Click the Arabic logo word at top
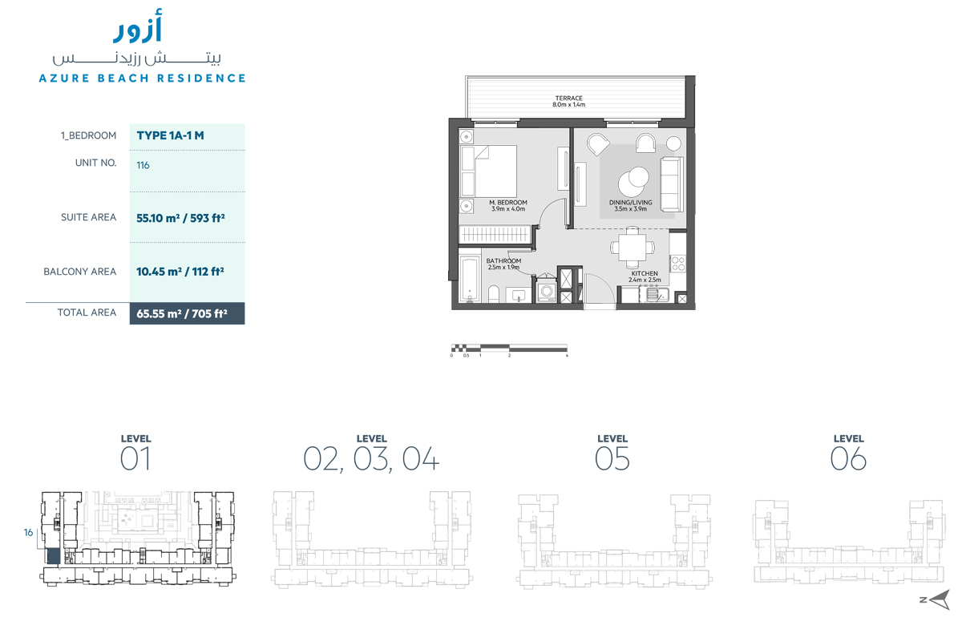pyautogui.click(x=138, y=30)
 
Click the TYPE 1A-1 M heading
pyautogui.click(x=170, y=135)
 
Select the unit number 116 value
pyautogui.click(x=143, y=165)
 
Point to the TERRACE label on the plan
pyautogui.click(x=568, y=101)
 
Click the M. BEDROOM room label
pyautogui.click(x=508, y=206)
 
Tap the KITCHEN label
pyautogui.click(x=644, y=276)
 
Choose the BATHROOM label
pyautogui.click(x=504, y=264)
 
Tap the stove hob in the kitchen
pyautogui.click(x=677, y=264)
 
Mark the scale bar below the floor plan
pyautogui.click(x=510, y=348)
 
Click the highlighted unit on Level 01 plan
pyautogui.click(x=52, y=554)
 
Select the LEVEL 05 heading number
pyautogui.click(x=612, y=459)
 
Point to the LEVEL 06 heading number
pyautogui.click(x=848, y=459)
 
